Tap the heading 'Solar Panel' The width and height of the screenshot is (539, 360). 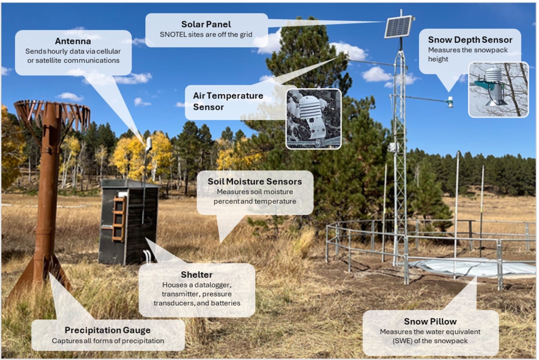point(206,24)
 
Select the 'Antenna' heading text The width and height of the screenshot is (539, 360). point(73,41)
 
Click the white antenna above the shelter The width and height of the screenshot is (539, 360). point(149,144)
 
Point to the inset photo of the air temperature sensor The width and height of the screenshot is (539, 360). point(314,119)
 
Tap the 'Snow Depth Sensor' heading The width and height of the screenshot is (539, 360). point(470,40)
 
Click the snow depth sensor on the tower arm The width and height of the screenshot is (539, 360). point(451,102)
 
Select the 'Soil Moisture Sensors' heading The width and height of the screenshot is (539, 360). point(255,181)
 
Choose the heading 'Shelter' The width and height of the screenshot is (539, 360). point(197,275)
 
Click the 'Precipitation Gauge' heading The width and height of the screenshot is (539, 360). point(107,330)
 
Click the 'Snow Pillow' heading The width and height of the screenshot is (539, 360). point(430,321)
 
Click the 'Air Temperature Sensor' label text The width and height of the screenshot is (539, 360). point(228,101)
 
